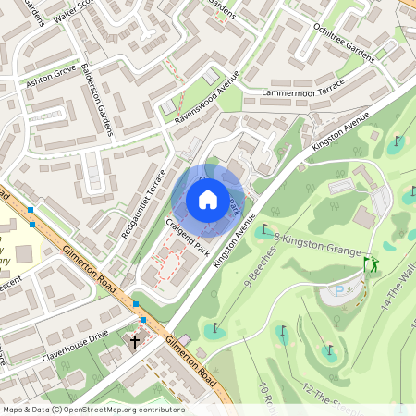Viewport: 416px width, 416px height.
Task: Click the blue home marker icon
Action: click(x=208, y=200)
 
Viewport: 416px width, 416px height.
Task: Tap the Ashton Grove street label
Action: click(x=50, y=80)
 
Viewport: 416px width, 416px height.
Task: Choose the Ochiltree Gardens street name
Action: click(x=343, y=43)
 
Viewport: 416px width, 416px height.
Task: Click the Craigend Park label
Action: click(x=188, y=239)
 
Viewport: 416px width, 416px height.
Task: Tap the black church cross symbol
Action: click(x=135, y=341)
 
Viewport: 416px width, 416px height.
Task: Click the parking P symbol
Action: click(x=336, y=290)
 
